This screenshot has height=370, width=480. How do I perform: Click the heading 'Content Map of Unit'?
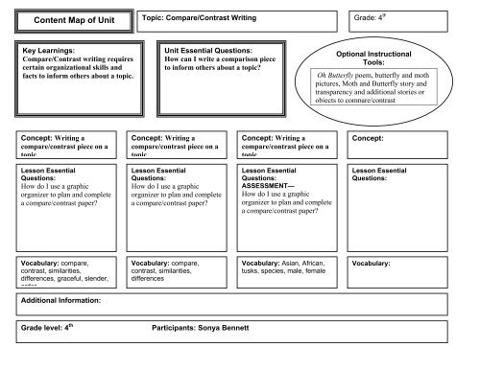click(x=73, y=19)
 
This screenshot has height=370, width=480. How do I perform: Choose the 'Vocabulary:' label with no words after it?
click(x=371, y=263)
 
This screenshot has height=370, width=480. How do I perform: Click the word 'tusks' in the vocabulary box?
click(x=253, y=270)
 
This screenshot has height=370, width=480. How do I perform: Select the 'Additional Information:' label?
click(x=62, y=301)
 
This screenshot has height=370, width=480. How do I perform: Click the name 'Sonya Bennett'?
click(x=224, y=329)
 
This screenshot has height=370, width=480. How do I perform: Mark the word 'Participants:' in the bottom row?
click(x=175, y=329)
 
